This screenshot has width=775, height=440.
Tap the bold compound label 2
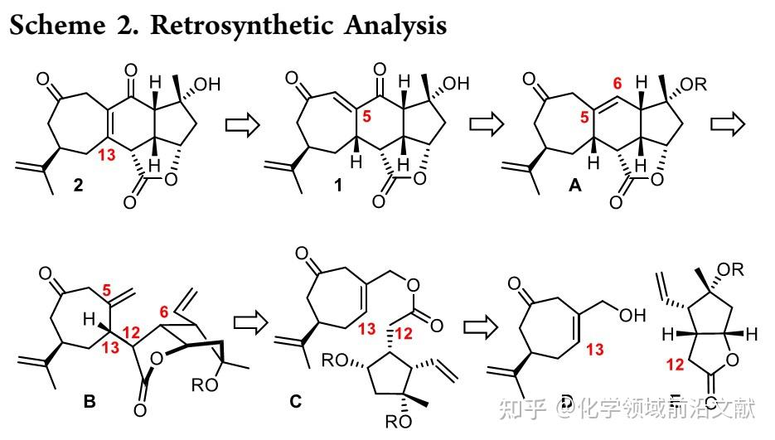pos(78,186)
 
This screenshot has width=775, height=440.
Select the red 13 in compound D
pos(618,350)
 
